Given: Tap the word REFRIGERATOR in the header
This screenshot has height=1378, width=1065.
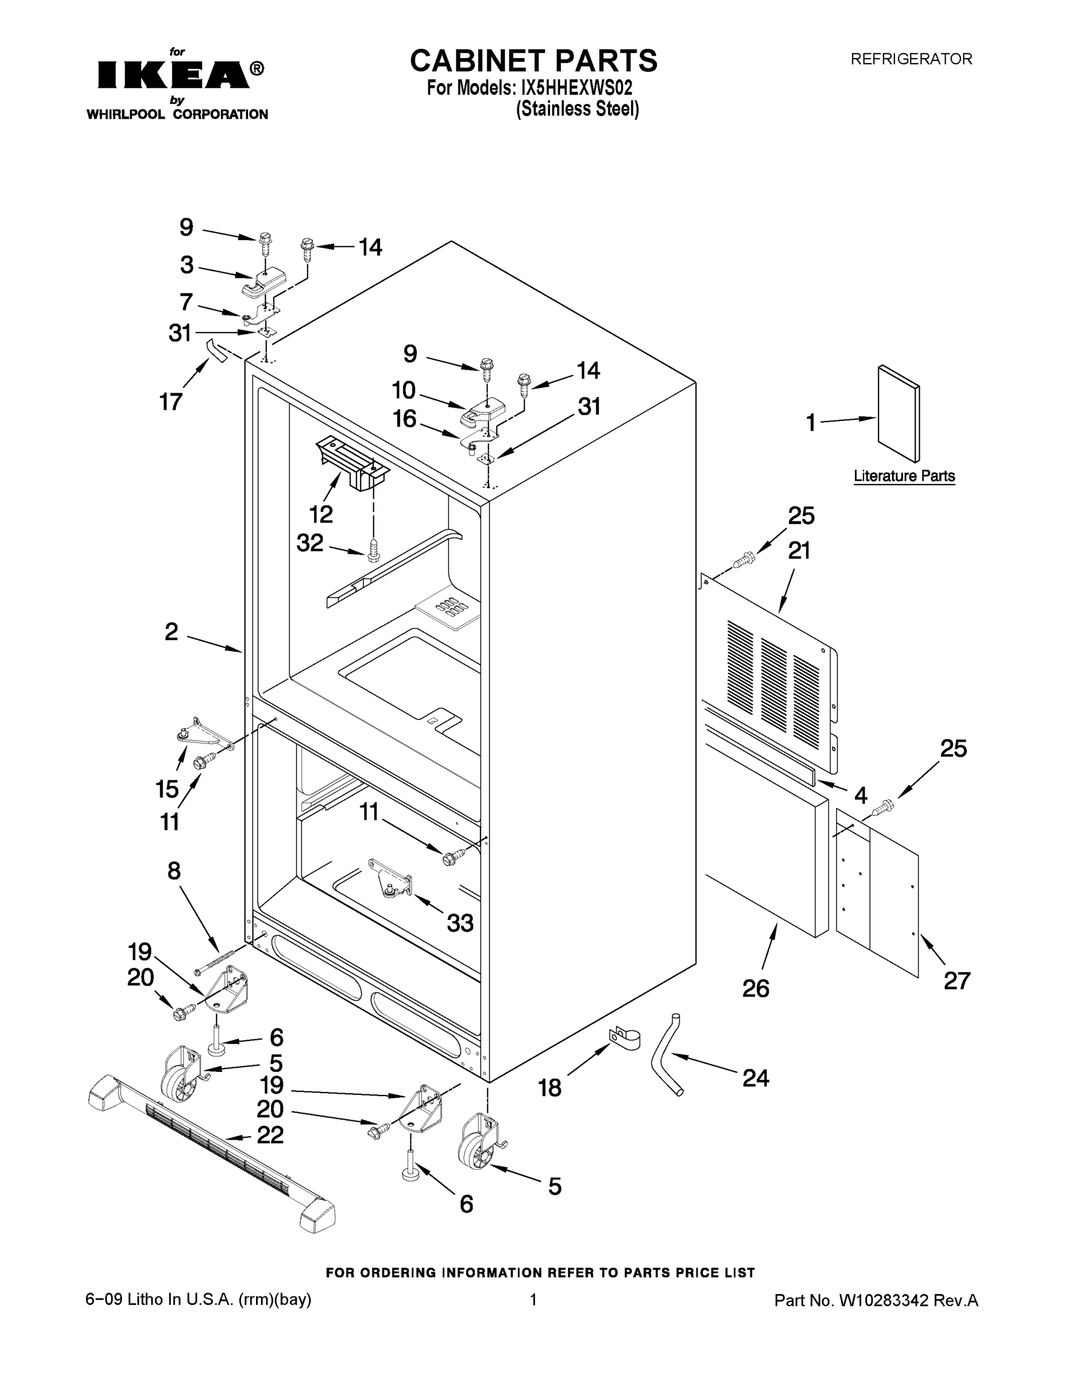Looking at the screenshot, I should pyautogui.click(x=911, y=59).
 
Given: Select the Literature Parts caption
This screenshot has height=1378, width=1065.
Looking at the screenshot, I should pyautogui.click(x=904, y=476).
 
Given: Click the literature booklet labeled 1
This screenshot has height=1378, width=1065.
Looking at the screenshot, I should pyautogui.click(x=899, y=413).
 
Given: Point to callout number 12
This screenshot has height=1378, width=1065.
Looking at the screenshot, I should pyautogui.click(x=320, y=514).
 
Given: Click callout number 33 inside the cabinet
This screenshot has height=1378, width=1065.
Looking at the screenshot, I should pyautogui.click(x=460, y=923).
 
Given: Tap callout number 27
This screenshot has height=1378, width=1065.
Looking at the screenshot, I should pyautogui.click(x=956, y=981).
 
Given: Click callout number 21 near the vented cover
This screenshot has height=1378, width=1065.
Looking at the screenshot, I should pyautogui.click(x=799, y=551).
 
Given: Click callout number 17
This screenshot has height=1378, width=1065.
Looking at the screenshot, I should pyautogui.click(x=171, y=401).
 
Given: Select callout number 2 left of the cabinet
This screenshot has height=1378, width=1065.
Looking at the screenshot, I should pyautogui.click(x=172, y=632).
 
